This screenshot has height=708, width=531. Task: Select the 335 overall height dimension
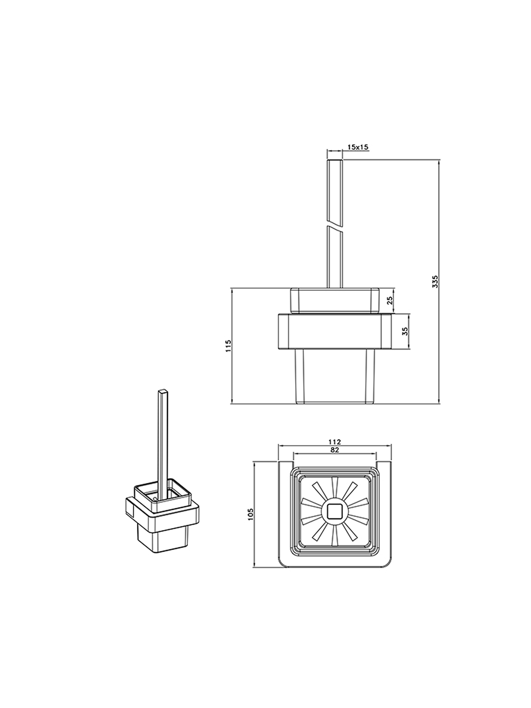435,281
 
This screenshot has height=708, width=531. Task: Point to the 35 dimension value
405,331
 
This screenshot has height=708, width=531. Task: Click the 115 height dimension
228,346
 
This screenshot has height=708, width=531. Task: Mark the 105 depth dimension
250,515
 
